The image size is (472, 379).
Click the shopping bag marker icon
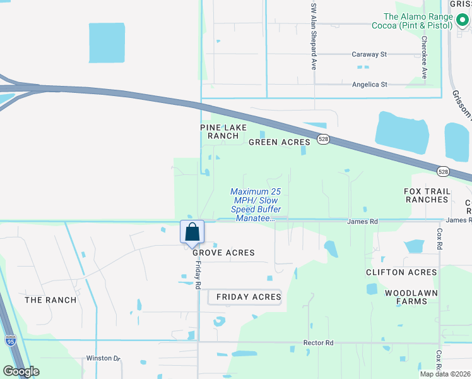[x=192, y=232]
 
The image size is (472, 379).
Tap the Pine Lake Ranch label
[x=219, y=131]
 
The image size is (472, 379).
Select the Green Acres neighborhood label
[x=280, y=142]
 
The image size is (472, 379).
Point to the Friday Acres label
[x=248, y=297]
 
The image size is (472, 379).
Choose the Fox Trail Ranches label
[x=427, y=195]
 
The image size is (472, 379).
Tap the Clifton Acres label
[x=401, y=272]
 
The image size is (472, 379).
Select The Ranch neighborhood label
[x=50, y=300]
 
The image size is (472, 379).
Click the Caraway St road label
[x=369, y=55]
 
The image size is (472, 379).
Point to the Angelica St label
[x=369, y=84]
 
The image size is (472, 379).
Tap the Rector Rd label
[x=318, y=343]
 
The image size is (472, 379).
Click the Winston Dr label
[x=103, y=358]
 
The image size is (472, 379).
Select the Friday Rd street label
[x=198, y=276]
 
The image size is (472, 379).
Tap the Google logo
[x=21, y=371]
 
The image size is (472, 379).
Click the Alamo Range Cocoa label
[x=418, y=21]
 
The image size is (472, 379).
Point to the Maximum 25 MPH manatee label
[x=256, y=205]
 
